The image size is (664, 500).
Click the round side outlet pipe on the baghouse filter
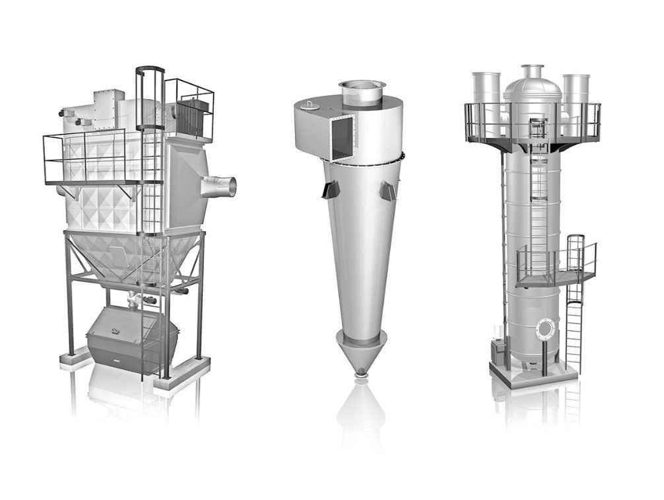[222, 187]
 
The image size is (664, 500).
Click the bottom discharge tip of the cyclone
[360, 375]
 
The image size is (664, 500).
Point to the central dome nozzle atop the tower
[531, 71]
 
